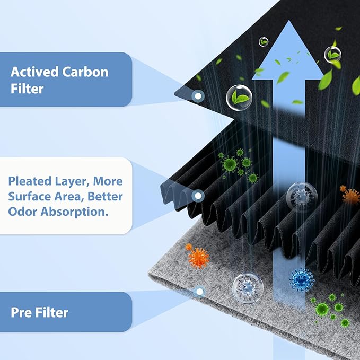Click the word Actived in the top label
(34, 72)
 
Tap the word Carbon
(85, 72)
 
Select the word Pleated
(30, 181)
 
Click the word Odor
(22, 212)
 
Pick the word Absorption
(74, 212)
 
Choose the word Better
(105, 196)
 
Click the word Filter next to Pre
(52, 312)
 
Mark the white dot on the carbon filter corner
(198, 96)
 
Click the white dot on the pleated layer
(198, 196)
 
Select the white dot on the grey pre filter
(200, 292)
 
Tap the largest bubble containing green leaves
(239, 98)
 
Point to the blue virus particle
(302, 280)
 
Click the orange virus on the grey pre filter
(199, 258)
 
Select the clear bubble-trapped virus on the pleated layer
(302, 197)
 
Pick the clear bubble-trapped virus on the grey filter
(248, 288)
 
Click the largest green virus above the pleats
(230, 164)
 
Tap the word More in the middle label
(108, 181)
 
